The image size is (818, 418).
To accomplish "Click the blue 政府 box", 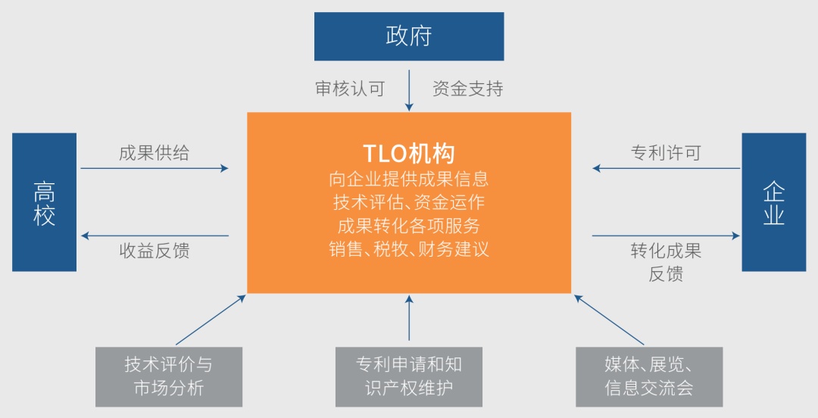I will (409, 36).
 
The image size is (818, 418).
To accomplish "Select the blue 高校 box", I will (44, 202).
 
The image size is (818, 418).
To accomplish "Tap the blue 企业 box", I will (773, 202).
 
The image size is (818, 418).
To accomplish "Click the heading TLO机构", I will (409, 154).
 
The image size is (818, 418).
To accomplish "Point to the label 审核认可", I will (350, 89).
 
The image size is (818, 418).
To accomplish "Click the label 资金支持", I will (467, 89).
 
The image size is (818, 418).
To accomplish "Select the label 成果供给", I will (154, 152).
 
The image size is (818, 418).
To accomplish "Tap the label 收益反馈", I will (154, 251).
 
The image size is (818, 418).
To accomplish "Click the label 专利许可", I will (666, 152).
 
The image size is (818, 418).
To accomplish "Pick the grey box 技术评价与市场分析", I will (169, 376).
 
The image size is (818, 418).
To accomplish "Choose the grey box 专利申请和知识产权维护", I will (409, 376).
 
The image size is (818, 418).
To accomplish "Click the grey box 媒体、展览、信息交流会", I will (649, 376).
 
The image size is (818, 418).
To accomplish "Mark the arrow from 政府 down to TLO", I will (409, 90).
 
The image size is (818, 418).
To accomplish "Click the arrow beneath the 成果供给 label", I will (154, 168).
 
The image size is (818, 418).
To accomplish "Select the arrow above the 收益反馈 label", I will (154, 236).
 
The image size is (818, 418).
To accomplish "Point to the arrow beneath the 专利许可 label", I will (666, 168).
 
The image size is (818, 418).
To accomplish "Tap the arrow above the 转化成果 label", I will (666, 236).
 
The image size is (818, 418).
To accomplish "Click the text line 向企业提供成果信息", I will (409, 179).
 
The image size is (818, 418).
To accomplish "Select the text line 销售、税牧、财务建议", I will (409, 249).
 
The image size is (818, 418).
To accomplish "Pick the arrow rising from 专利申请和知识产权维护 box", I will (409, 319).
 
